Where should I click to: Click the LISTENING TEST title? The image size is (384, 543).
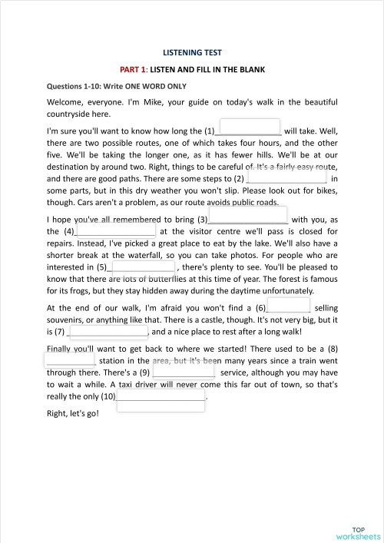(x=192, y=52)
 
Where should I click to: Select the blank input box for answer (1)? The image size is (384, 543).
(x=250, y=127)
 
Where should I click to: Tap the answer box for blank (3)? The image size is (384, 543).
(x=258, y=215)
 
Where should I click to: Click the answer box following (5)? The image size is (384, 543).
(x=144, y=267)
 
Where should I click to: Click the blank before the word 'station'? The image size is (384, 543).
(x=71, y=359)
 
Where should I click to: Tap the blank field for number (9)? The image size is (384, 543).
(x=184, y=372)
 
